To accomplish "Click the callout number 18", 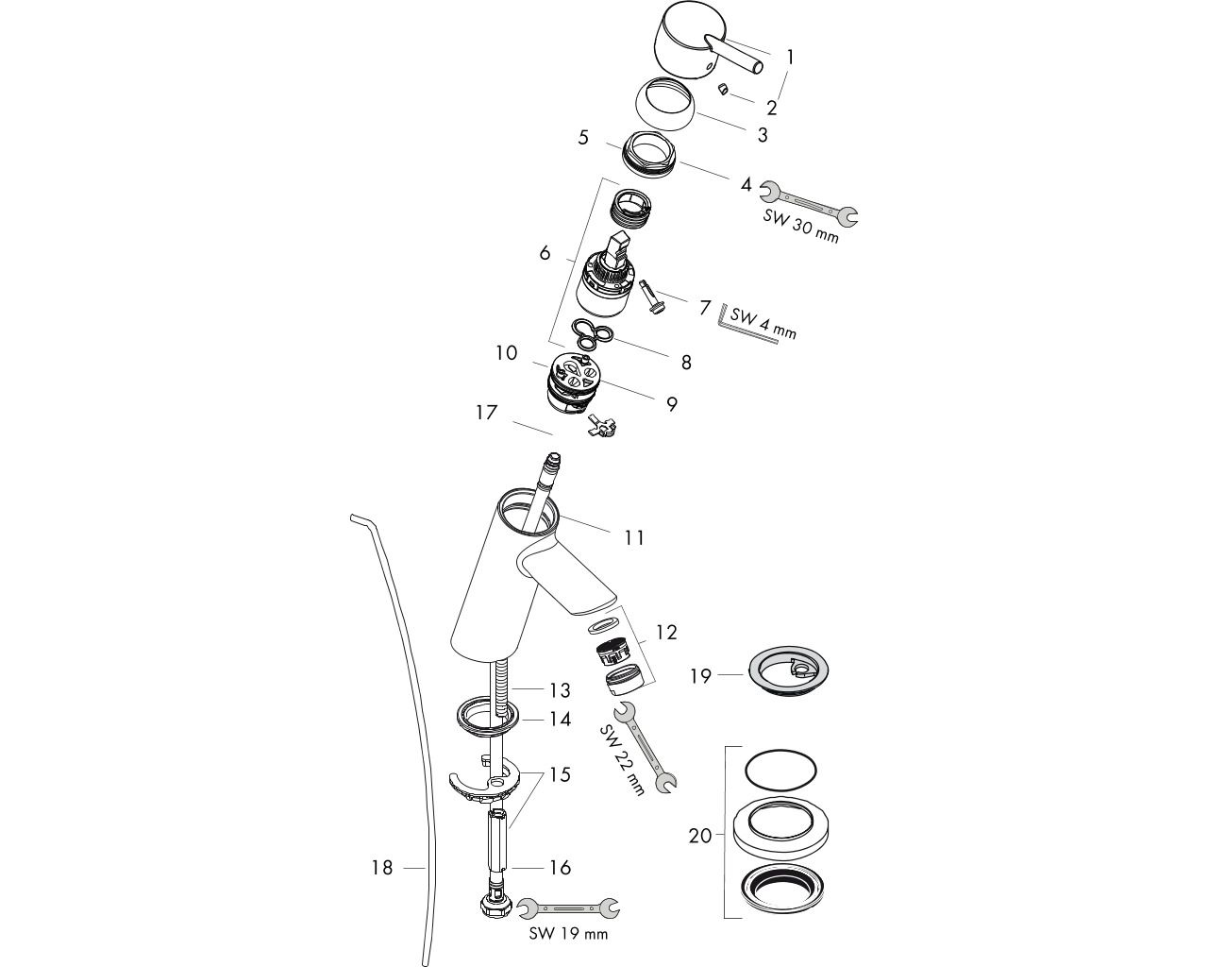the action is click(x=381, y=868).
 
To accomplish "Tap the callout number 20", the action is click(x=700, y=836).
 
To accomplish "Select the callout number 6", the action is click(x=545, y=253).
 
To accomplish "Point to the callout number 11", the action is click(x=634, y=537).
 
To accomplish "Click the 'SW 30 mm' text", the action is click(x=800, y=226).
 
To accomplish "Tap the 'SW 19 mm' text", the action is click(x=568, y=933).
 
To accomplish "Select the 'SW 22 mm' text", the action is click(x=622, y=759).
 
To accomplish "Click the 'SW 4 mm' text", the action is click(x=763, y=324).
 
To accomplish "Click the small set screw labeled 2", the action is click(x=724, y=90).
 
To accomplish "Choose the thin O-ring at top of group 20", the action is click(x=780, y=771).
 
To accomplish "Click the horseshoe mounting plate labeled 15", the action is click(x=484, y=783).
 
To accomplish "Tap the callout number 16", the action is click(x=561, y=868).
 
